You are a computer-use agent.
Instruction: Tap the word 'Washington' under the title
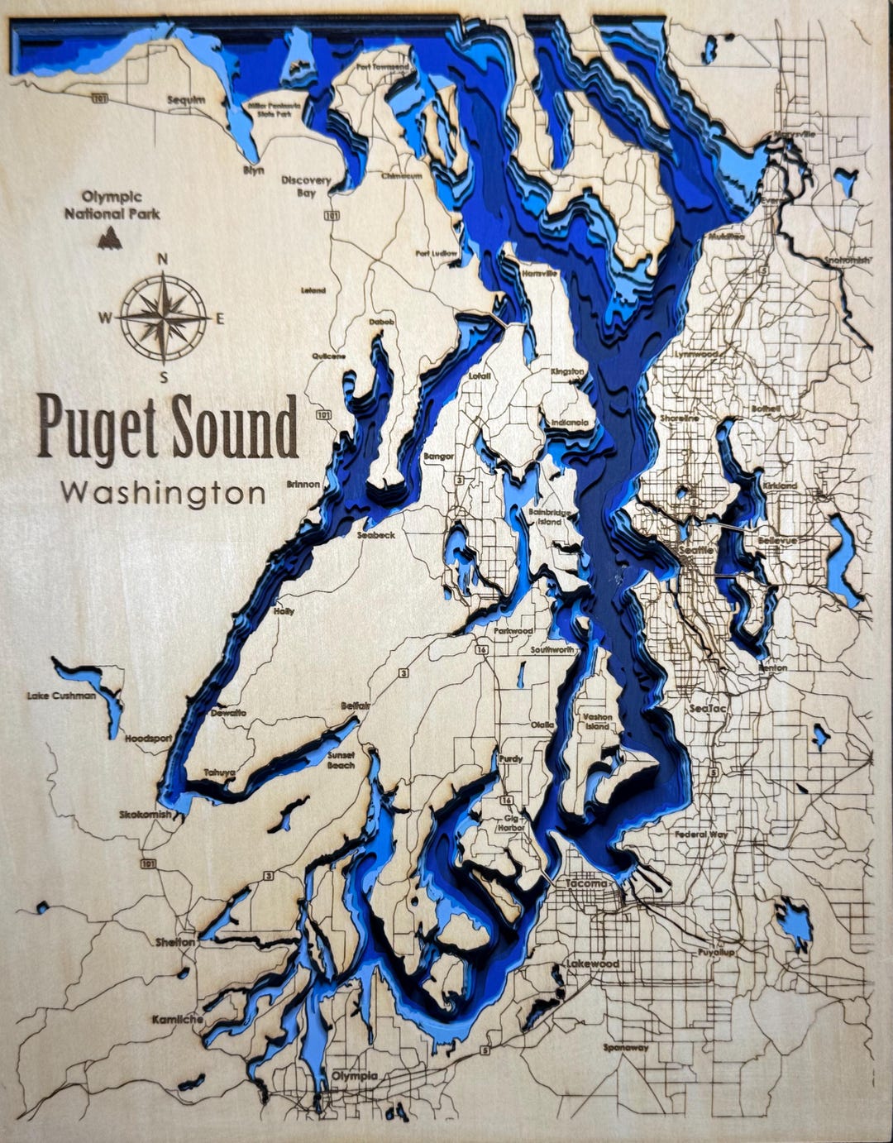pyautogui.click(x=164, y=494)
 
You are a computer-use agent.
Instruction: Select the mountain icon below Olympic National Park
pyautogui.click(x=109, y=239)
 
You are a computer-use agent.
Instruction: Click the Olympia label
pyautogui.click(x=355, y=1076)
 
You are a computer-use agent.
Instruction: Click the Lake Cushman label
pyautogui.click(x=61, y=696)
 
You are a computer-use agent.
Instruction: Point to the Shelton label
pyautogui.click(x=174, y=942)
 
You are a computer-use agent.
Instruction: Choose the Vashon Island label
pyautogui.click(x=596, y=721)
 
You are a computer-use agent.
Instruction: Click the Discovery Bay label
pyautogui.click(x=306, y=186)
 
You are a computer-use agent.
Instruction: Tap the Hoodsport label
pyautogui.click(x=148, y=738)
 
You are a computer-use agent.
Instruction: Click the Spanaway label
pyautogui.click(x=625, y=1047)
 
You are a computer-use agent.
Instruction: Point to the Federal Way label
pyautogui.click(x=700, y=835)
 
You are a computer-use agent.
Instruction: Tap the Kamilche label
pyautogui.click(x=177, y=1020)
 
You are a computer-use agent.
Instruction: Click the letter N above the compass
pyautogui.click(x=163, y=259)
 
